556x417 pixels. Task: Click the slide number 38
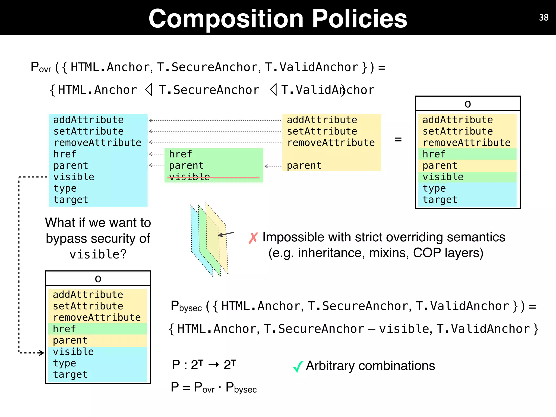coord(544,18)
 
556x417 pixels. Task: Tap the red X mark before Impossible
coord(253,238)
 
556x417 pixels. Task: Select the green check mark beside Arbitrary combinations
coord(298,367)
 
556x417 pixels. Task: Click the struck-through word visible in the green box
coord(189,177)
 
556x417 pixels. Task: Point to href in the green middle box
coord(180,154)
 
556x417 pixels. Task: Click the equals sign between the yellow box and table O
coord(398,140)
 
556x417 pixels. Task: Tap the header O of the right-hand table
coord(467,104)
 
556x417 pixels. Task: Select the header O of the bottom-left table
coord(98,279)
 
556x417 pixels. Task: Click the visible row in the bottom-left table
coord(73,352)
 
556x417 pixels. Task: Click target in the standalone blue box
coord(71,200)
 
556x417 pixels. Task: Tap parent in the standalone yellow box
coord(304,166)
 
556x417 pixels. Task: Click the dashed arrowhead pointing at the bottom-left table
coord(41,353)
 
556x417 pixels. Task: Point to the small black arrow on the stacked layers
coord(226,234)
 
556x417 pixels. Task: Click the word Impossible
coord(293,237)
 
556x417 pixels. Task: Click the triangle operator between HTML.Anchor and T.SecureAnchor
coord(149,90)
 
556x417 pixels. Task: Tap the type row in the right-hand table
coord(434,188)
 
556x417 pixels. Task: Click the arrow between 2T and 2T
coord(213,365)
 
